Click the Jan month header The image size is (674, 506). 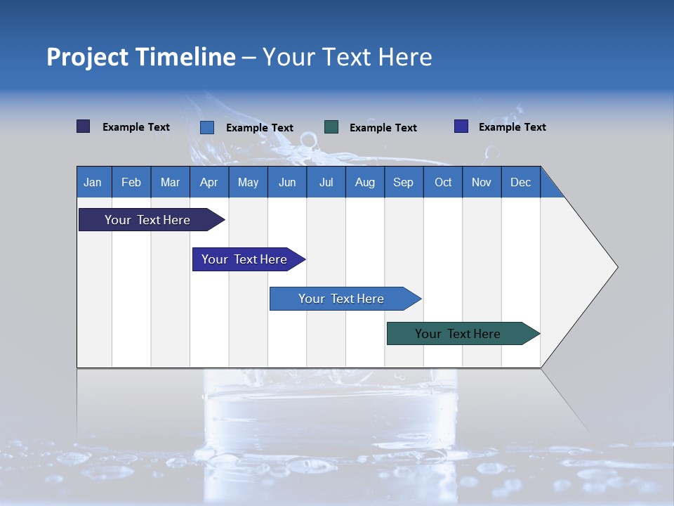pyautogui.click(x=93, y=183)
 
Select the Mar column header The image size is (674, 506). pyautogui.click(x=170, y=183)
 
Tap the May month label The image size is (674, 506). pyautogui.click(x=248, y=183)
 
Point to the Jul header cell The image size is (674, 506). pyautogui.click(x=326, y=183)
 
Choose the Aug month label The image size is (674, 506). pyautogui.click(x=364, y=183)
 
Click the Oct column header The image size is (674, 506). pyautogui.click(x=443, y=183)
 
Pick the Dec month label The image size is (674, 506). pyautogui.click(x=520, y=183)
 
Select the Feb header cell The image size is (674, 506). pyautogui.click(x=131, y=183)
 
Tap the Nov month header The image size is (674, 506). pyautogui.click(x=482, y=183)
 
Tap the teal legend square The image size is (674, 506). pyautogui.click(x=331, y=127)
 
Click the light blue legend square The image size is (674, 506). pyautogui.click(x=207, y=127)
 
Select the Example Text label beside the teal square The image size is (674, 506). pyautogui.click(x=383, y=128)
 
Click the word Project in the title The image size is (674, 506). pyautogui.click(x=87, y=57)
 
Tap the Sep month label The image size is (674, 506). pyautogui.click(x=403, y=183)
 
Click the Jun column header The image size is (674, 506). pyautogui.click(x=287, y=183)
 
